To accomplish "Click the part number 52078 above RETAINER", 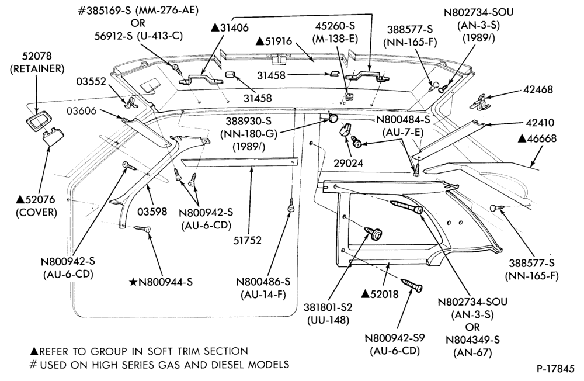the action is (x=37, y=56).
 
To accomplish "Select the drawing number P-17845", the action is (x=555, y=369).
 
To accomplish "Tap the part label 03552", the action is (x=91, y=81).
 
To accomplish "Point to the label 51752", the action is (x=247, y=240).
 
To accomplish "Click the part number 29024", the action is (x=348, y=163).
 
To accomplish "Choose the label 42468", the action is (x=538, y=89).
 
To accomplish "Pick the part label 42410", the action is (x=540, y=123).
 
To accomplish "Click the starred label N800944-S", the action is (x=161, y=282).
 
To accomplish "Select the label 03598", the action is (x=152, y=212).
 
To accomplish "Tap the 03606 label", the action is (x=82, y=110).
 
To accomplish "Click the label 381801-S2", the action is (x=328, y=307).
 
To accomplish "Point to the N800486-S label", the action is (x=263, y=282).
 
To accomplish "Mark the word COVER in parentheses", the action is (x=36, y=213).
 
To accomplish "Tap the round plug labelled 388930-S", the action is (x=333, y=119).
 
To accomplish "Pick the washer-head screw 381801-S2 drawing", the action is (x=374, y=233).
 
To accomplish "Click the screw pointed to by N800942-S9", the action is (x=412, y=285).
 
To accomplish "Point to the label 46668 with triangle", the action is (x=537, y=138).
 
